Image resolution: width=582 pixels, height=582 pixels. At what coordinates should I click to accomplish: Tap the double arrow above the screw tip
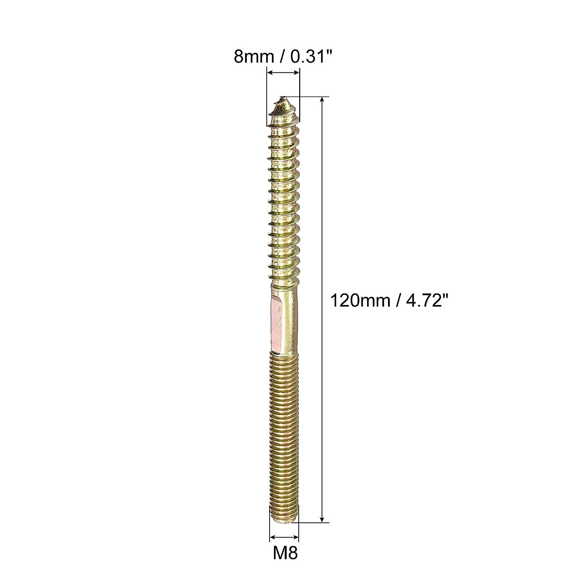coord(284,73)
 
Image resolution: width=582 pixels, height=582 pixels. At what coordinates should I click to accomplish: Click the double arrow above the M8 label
coord(285,537)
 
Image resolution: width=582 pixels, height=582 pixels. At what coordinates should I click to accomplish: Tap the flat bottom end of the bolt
coord(284,521)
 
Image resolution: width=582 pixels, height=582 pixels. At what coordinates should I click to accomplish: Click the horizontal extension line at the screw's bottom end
coord(313,523)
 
